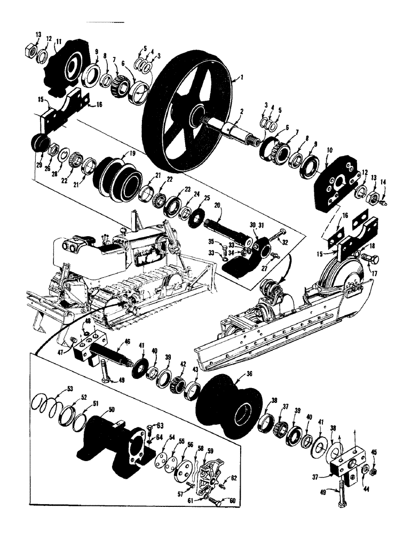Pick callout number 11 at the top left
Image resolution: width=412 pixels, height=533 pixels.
point(59,41)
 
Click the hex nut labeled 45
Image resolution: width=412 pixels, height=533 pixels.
point(373,471)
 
